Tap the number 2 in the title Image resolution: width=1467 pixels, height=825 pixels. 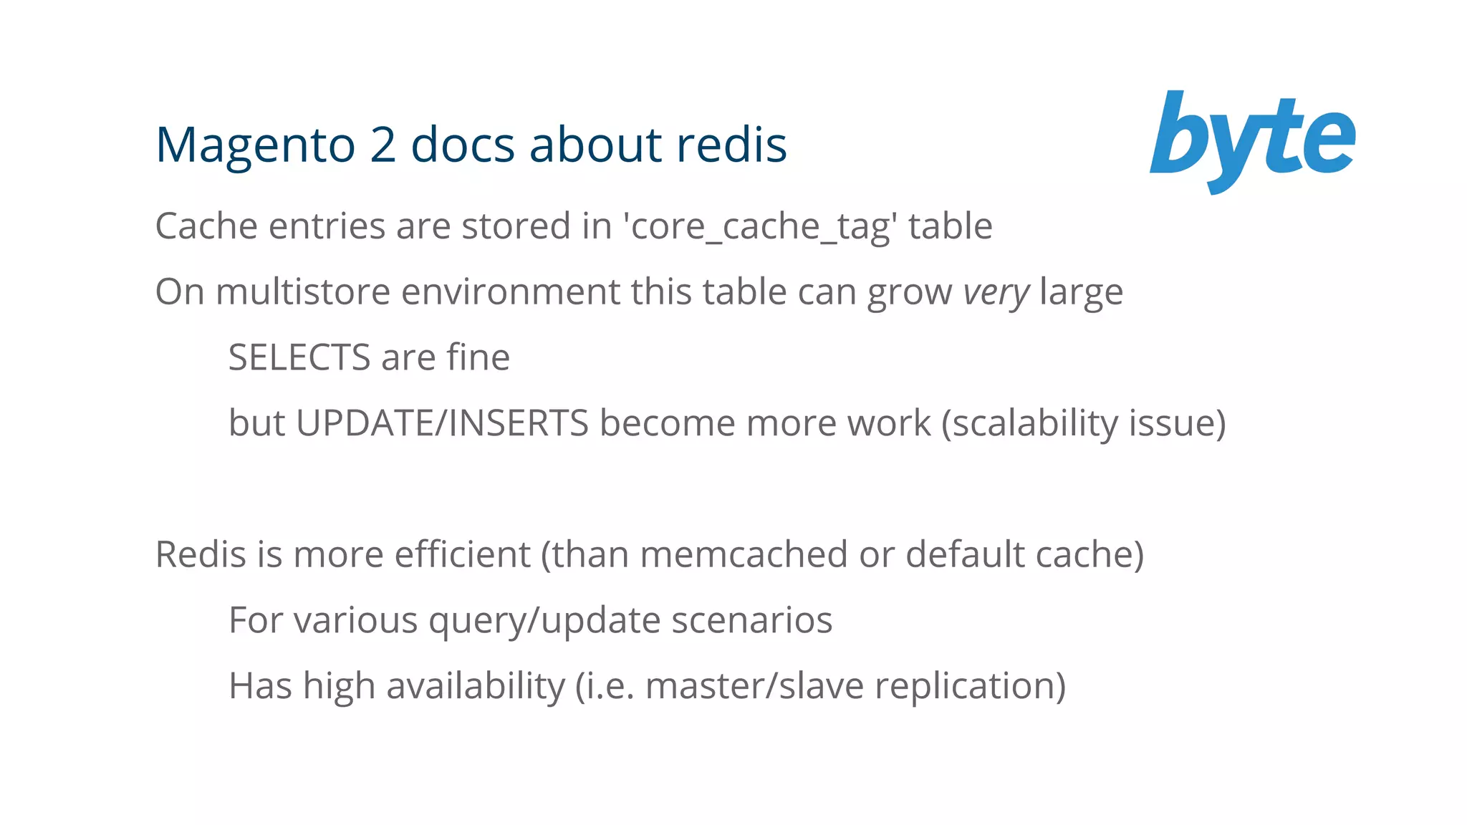pos(383,145)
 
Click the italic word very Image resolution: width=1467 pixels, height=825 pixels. pos(996,293)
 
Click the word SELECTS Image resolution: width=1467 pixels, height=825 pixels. pos(299,357)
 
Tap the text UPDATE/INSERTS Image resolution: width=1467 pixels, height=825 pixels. pos(442,423)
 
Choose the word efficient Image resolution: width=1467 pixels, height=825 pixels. pos(462,554)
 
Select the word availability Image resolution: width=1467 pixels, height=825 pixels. pos(476,686)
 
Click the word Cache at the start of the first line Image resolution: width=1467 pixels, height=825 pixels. pos(206,226)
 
